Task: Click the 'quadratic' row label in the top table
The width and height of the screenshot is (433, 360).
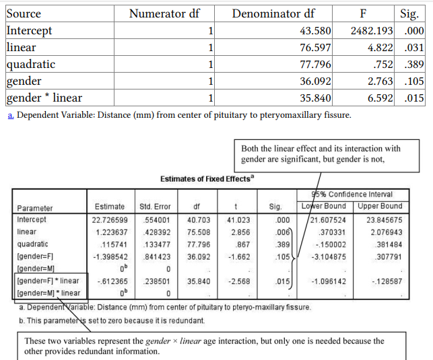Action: point(31,65)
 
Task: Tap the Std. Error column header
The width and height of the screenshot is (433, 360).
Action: point(156,207)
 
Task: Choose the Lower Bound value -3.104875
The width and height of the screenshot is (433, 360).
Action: point(328,256)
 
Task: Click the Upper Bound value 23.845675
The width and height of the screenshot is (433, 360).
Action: point(384,219)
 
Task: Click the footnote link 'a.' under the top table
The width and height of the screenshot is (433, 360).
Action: point(10,115)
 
